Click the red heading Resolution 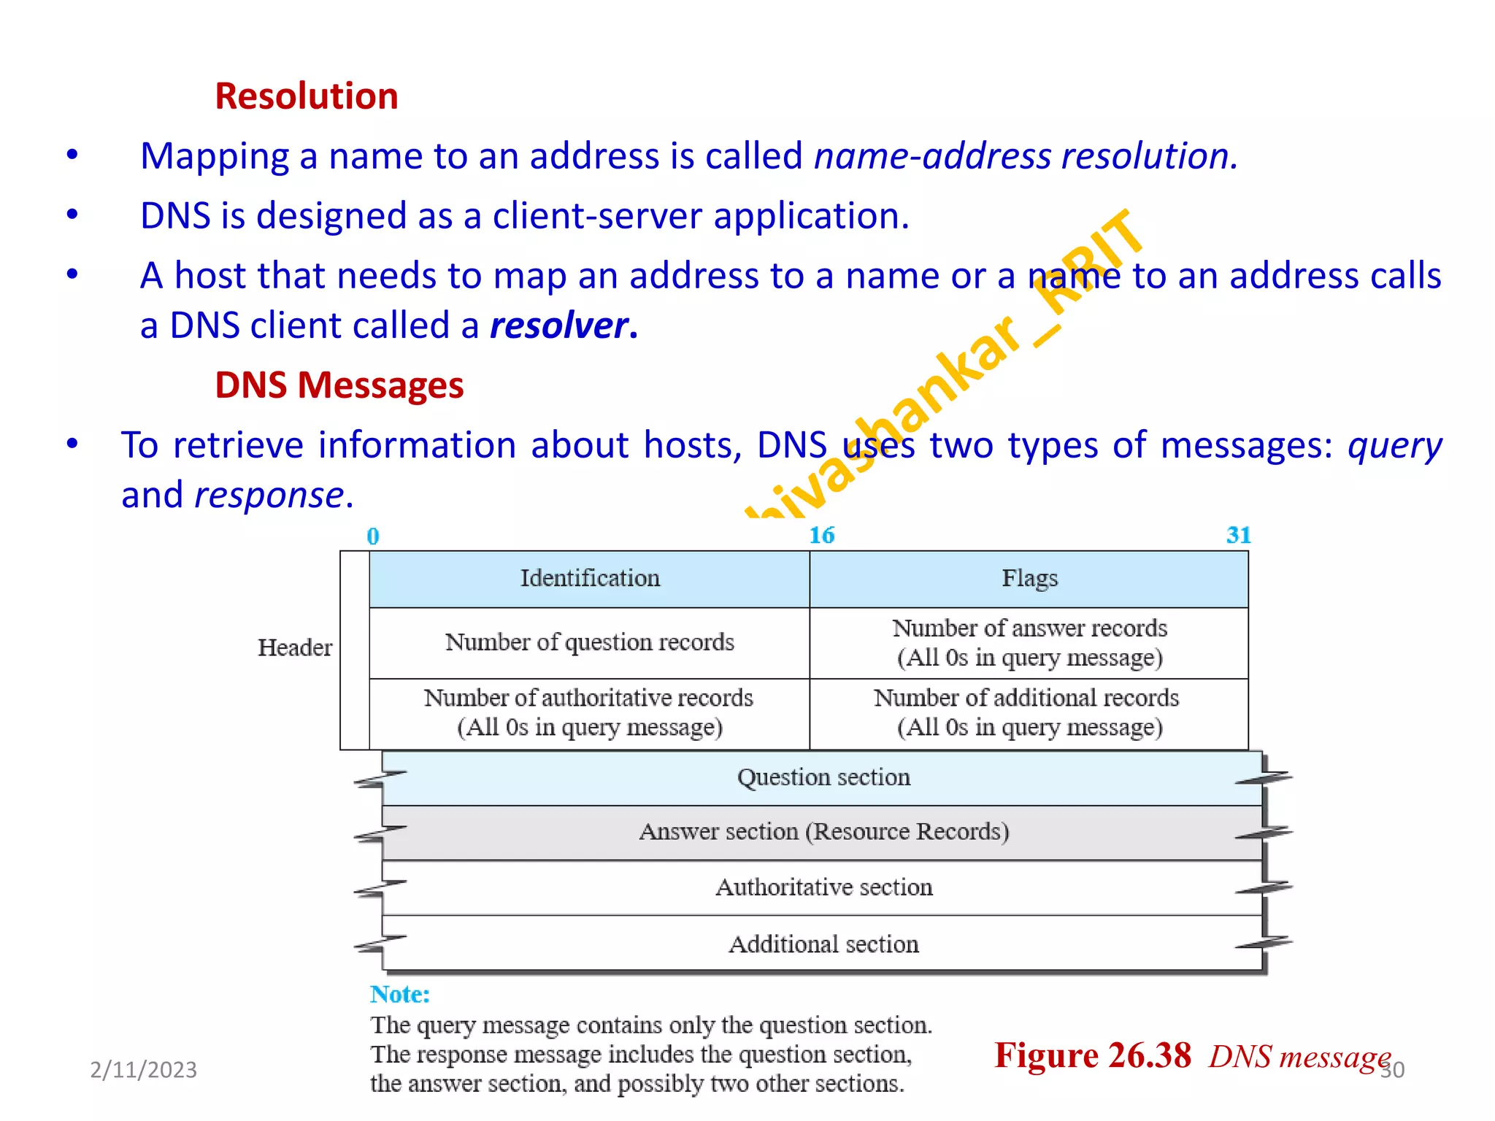(x=307, y=96)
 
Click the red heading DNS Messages (x=339, y=385)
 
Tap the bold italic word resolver (x=559, y=325)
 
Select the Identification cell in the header (x=589, y=579)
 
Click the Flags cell (x=1029, y=579)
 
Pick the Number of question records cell (x=589, y=642)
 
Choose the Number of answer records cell (x=1029, y=642)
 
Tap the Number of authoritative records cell (x=589, y=712)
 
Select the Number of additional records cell (x=1029, y=712)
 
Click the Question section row (x=823, y=777)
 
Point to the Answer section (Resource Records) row (x=823, y=832)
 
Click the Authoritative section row (x=823, y=887)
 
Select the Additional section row (x=823, y=944)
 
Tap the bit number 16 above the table (x=821, y=536)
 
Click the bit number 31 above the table (x=1238, y=536)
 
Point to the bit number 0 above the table (x=373, y=536)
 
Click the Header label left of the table (x=294, y=647)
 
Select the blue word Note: (x=399, y=994)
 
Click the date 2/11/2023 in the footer (x=143, y=1070)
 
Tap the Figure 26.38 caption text (x=1092, y=1056)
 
